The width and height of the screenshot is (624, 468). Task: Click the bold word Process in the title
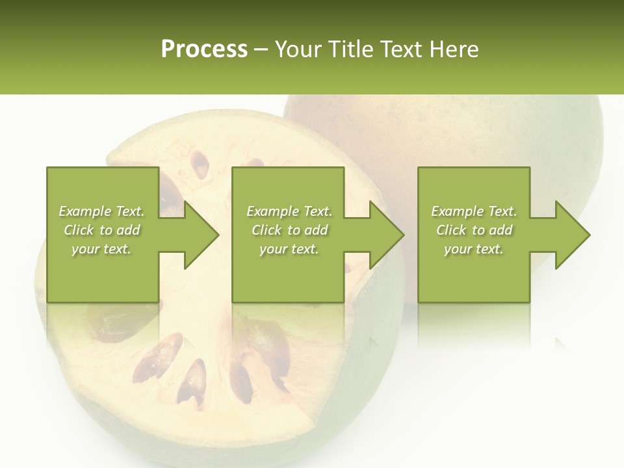coord(204,49)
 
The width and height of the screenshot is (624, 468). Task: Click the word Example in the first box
coord(84,211)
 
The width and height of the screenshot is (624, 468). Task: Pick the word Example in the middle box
coord(272,211)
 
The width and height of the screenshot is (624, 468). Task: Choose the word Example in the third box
coord(457,211)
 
